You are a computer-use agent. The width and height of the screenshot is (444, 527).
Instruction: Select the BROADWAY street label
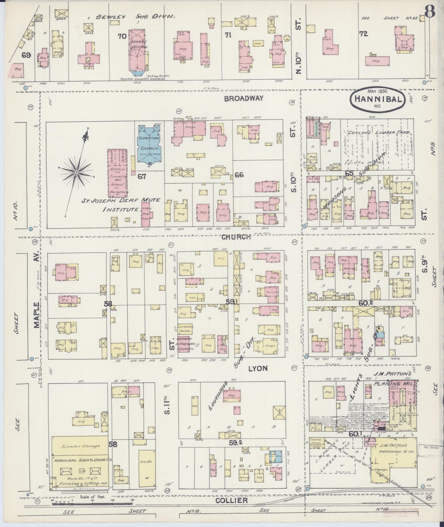[x=244, y=98]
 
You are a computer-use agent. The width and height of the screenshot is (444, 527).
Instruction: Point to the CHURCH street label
[x=236, y=237]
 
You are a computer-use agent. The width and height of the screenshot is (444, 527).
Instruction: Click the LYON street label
[x=258, y=368]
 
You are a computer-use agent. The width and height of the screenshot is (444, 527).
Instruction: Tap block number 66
[x=239, y=175]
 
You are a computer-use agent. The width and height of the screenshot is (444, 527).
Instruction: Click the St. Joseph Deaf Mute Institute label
[x=120, y=204]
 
